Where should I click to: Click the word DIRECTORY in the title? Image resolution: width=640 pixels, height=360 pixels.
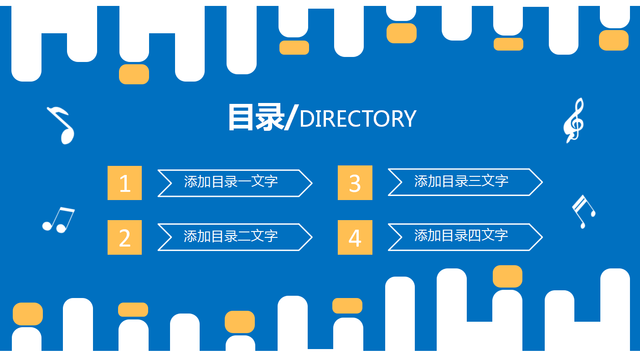click(x=358, y=119)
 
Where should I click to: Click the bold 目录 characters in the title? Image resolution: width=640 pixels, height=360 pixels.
click(x=255, y=118)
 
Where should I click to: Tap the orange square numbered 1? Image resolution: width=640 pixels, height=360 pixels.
click(x=124, y=183)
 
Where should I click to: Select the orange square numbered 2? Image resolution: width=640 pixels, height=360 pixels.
click(x=124, y=237)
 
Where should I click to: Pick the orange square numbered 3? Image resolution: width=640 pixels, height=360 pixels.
click(x=355, y=183)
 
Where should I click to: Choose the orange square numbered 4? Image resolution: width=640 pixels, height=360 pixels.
click(x=355, y=237)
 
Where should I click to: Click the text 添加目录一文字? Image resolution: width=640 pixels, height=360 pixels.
click(x=231, y=182)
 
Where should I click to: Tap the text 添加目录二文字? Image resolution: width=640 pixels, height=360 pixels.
click(x=231, y=236)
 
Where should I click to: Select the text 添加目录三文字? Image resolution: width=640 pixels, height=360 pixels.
click(x=461, y=181)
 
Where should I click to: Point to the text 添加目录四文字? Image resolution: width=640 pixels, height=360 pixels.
click(x=461, y=236)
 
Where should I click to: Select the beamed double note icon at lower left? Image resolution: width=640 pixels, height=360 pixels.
click(x=58, y=220)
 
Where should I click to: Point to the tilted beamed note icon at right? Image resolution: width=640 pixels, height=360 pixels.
click(x=583, y=211)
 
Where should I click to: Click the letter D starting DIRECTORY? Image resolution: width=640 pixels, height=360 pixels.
click(x=306, y=119)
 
